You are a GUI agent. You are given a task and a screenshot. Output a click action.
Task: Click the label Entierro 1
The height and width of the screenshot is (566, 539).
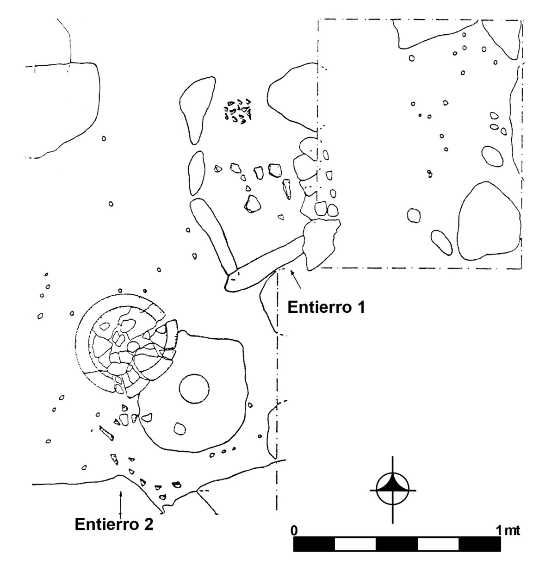click(x=326, y=307)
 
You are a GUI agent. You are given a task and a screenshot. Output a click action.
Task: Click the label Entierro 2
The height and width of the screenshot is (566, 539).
click(x=114, y=524)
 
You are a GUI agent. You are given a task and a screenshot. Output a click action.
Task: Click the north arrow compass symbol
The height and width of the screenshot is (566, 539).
click(x=393, y=490)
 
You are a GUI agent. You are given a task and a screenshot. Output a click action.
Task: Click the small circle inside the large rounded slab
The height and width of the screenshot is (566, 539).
click(x=194, y=389)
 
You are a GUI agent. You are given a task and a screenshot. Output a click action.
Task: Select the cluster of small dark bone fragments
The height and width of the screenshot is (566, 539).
click(x=238, y=111)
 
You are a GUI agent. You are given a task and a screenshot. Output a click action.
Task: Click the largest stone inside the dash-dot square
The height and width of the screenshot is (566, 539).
click(x=489, y=221)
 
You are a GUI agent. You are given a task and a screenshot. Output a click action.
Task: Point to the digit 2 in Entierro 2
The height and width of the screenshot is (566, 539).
click(x=149, y=524)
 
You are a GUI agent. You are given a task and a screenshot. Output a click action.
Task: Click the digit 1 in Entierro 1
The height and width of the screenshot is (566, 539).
click(x=361, y=307)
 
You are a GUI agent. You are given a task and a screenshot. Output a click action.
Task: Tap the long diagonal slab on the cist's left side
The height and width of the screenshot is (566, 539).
click(x=214, y=235)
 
